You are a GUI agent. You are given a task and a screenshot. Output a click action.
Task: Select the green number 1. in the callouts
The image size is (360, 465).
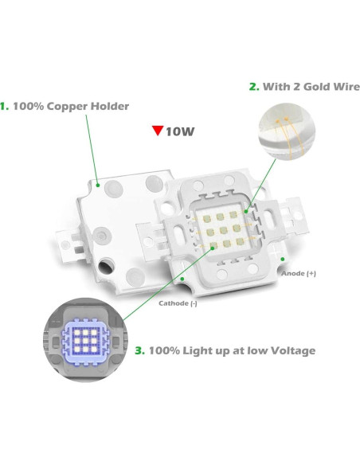[5, 105]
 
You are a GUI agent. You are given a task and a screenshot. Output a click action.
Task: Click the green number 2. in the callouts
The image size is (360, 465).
[254, 87]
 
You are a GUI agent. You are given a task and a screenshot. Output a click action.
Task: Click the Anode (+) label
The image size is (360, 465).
[299, 273]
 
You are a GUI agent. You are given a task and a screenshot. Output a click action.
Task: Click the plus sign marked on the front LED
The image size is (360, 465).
[276, 255]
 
